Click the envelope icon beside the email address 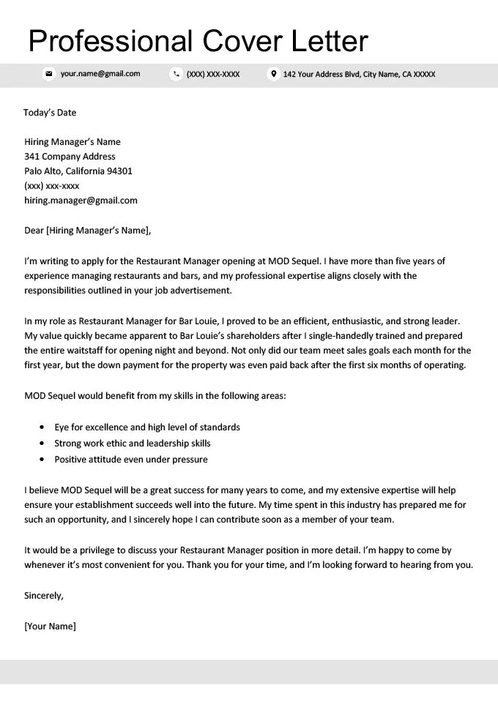(49, 74)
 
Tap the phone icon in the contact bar (176, 74)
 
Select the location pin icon (273, 74)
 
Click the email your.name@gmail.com (100, 74)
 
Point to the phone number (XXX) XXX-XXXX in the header (213, 74)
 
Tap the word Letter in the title (331, 41)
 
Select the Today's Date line (50, 113)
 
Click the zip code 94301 (118, 171)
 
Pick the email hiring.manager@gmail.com (81, 201)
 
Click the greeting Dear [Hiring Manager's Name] (87, 231)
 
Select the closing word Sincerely (43, 596)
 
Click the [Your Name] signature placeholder (50, 626)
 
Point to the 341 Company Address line (70, 157)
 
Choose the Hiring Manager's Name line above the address (73, 142)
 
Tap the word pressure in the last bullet (190, 460)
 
